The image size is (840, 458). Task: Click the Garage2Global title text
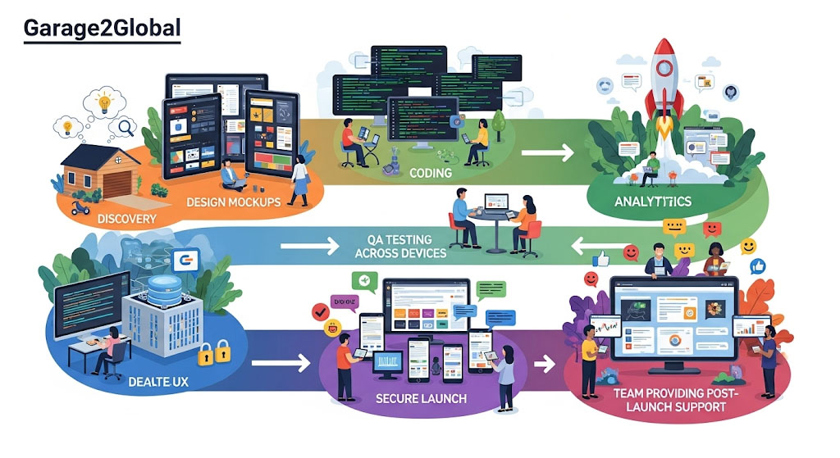pos(102,27)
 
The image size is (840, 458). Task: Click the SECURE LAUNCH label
pos(420,398)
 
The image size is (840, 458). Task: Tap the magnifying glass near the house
pos(126,127)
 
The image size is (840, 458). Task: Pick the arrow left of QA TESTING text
pos(309,243)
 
